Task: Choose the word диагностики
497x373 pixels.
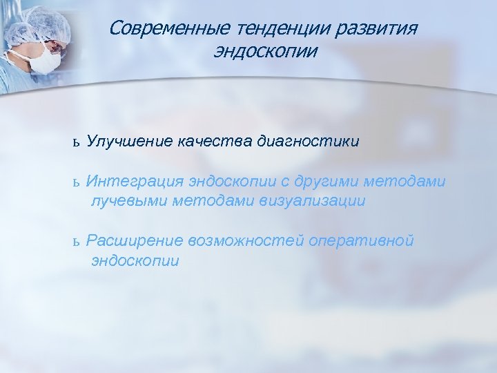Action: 308,142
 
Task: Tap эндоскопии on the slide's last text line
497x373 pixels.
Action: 135,260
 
